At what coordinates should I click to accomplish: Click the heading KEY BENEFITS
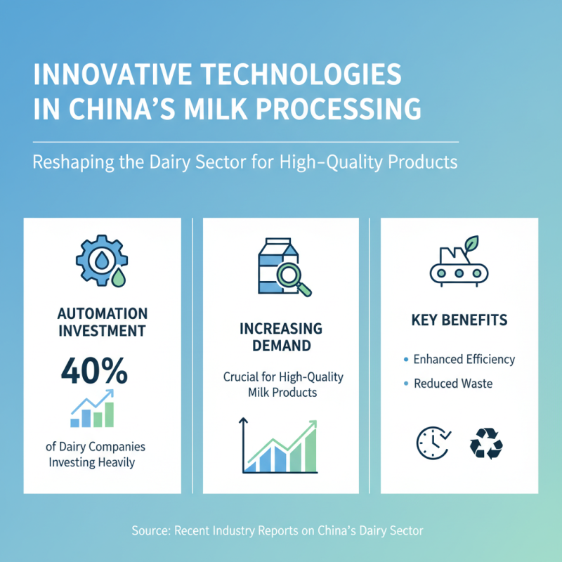tap(459, 321)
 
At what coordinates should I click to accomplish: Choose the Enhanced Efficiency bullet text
tap(464, 359)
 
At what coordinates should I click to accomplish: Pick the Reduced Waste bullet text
tap(453, 384)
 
